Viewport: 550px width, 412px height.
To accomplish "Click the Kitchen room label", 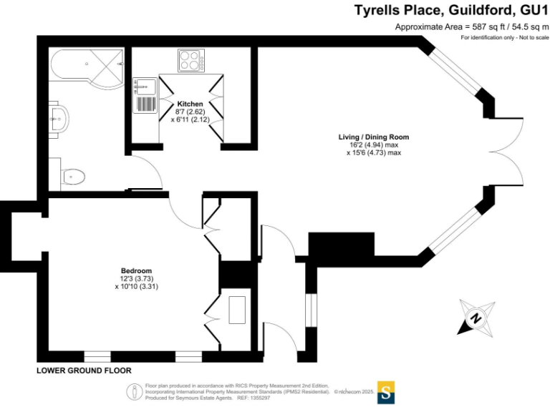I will (x=190, y=104).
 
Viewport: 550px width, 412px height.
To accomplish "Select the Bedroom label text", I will (x=136, y=270).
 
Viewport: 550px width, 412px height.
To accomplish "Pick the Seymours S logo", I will (x=387, y=393).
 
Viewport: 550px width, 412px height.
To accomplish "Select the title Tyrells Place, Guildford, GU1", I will (x=451, y=11).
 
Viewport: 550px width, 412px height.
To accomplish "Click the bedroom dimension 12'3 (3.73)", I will (x=136, y=278).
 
